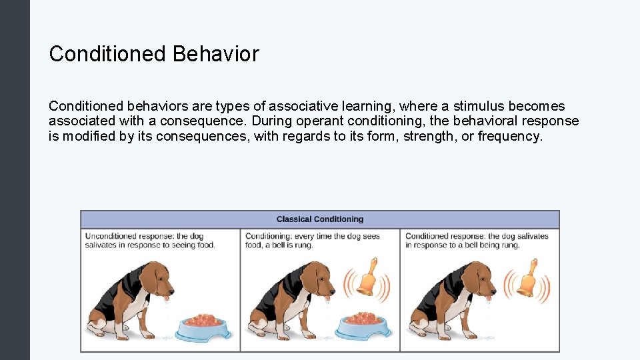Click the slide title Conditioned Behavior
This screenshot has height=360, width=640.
pos(154,54)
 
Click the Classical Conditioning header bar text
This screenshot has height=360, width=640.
pos(320,219)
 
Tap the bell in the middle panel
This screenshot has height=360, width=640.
pos(366,278)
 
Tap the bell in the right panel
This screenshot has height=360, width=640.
pos(527,278)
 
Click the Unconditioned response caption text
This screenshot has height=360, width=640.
pos(150,241)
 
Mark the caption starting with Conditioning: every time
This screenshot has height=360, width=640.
pos(313,241)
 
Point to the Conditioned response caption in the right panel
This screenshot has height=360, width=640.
pos(477,241)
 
